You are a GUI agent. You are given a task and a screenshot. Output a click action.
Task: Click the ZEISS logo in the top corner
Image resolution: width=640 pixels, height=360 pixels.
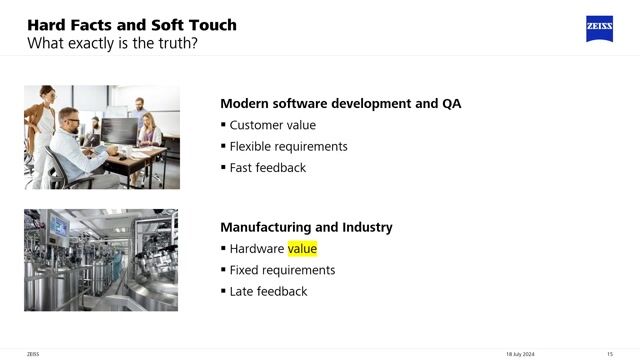click(x=599, y=29)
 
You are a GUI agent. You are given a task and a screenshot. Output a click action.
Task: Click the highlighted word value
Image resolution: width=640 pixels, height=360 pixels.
click(x=302, y=249)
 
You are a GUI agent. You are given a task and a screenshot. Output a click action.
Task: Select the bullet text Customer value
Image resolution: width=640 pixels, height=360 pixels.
click(x=272, y=125)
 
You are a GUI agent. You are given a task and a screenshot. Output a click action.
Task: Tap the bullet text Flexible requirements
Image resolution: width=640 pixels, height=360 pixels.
click(x=288, y=146)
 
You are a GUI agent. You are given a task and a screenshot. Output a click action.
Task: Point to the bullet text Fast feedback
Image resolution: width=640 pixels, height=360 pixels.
click(x=267, y=167)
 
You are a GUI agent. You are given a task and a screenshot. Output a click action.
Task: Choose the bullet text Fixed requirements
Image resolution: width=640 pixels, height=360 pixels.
click(x=282, y=270)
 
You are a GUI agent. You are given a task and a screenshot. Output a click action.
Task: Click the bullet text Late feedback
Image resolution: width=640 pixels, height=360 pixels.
click(x=268, y=291)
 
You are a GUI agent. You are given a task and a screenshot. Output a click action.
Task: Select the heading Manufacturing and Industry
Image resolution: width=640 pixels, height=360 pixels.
click(x=306, y=227)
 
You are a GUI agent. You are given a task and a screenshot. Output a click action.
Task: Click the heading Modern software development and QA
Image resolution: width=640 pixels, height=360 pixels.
click(x=340, y=103)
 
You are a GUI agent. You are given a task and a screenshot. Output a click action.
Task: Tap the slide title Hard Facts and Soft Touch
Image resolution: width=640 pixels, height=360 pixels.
click(x=131, y=24)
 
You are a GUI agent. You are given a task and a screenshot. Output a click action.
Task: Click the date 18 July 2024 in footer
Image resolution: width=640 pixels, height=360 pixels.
click(x=520, y=354)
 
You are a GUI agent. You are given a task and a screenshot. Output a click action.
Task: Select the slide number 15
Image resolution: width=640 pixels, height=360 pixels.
click(x=609, y=354)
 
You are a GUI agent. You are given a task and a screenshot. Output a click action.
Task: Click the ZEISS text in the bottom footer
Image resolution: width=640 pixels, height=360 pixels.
click(x=33, y=354)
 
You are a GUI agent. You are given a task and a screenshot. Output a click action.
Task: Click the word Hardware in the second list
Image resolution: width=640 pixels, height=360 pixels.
click(x=257, y=249)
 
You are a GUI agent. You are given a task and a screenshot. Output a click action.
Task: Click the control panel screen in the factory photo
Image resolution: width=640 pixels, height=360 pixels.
click(x=59, y=228)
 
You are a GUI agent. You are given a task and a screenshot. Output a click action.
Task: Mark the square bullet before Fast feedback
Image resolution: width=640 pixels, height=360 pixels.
click(x=223, y=167)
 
